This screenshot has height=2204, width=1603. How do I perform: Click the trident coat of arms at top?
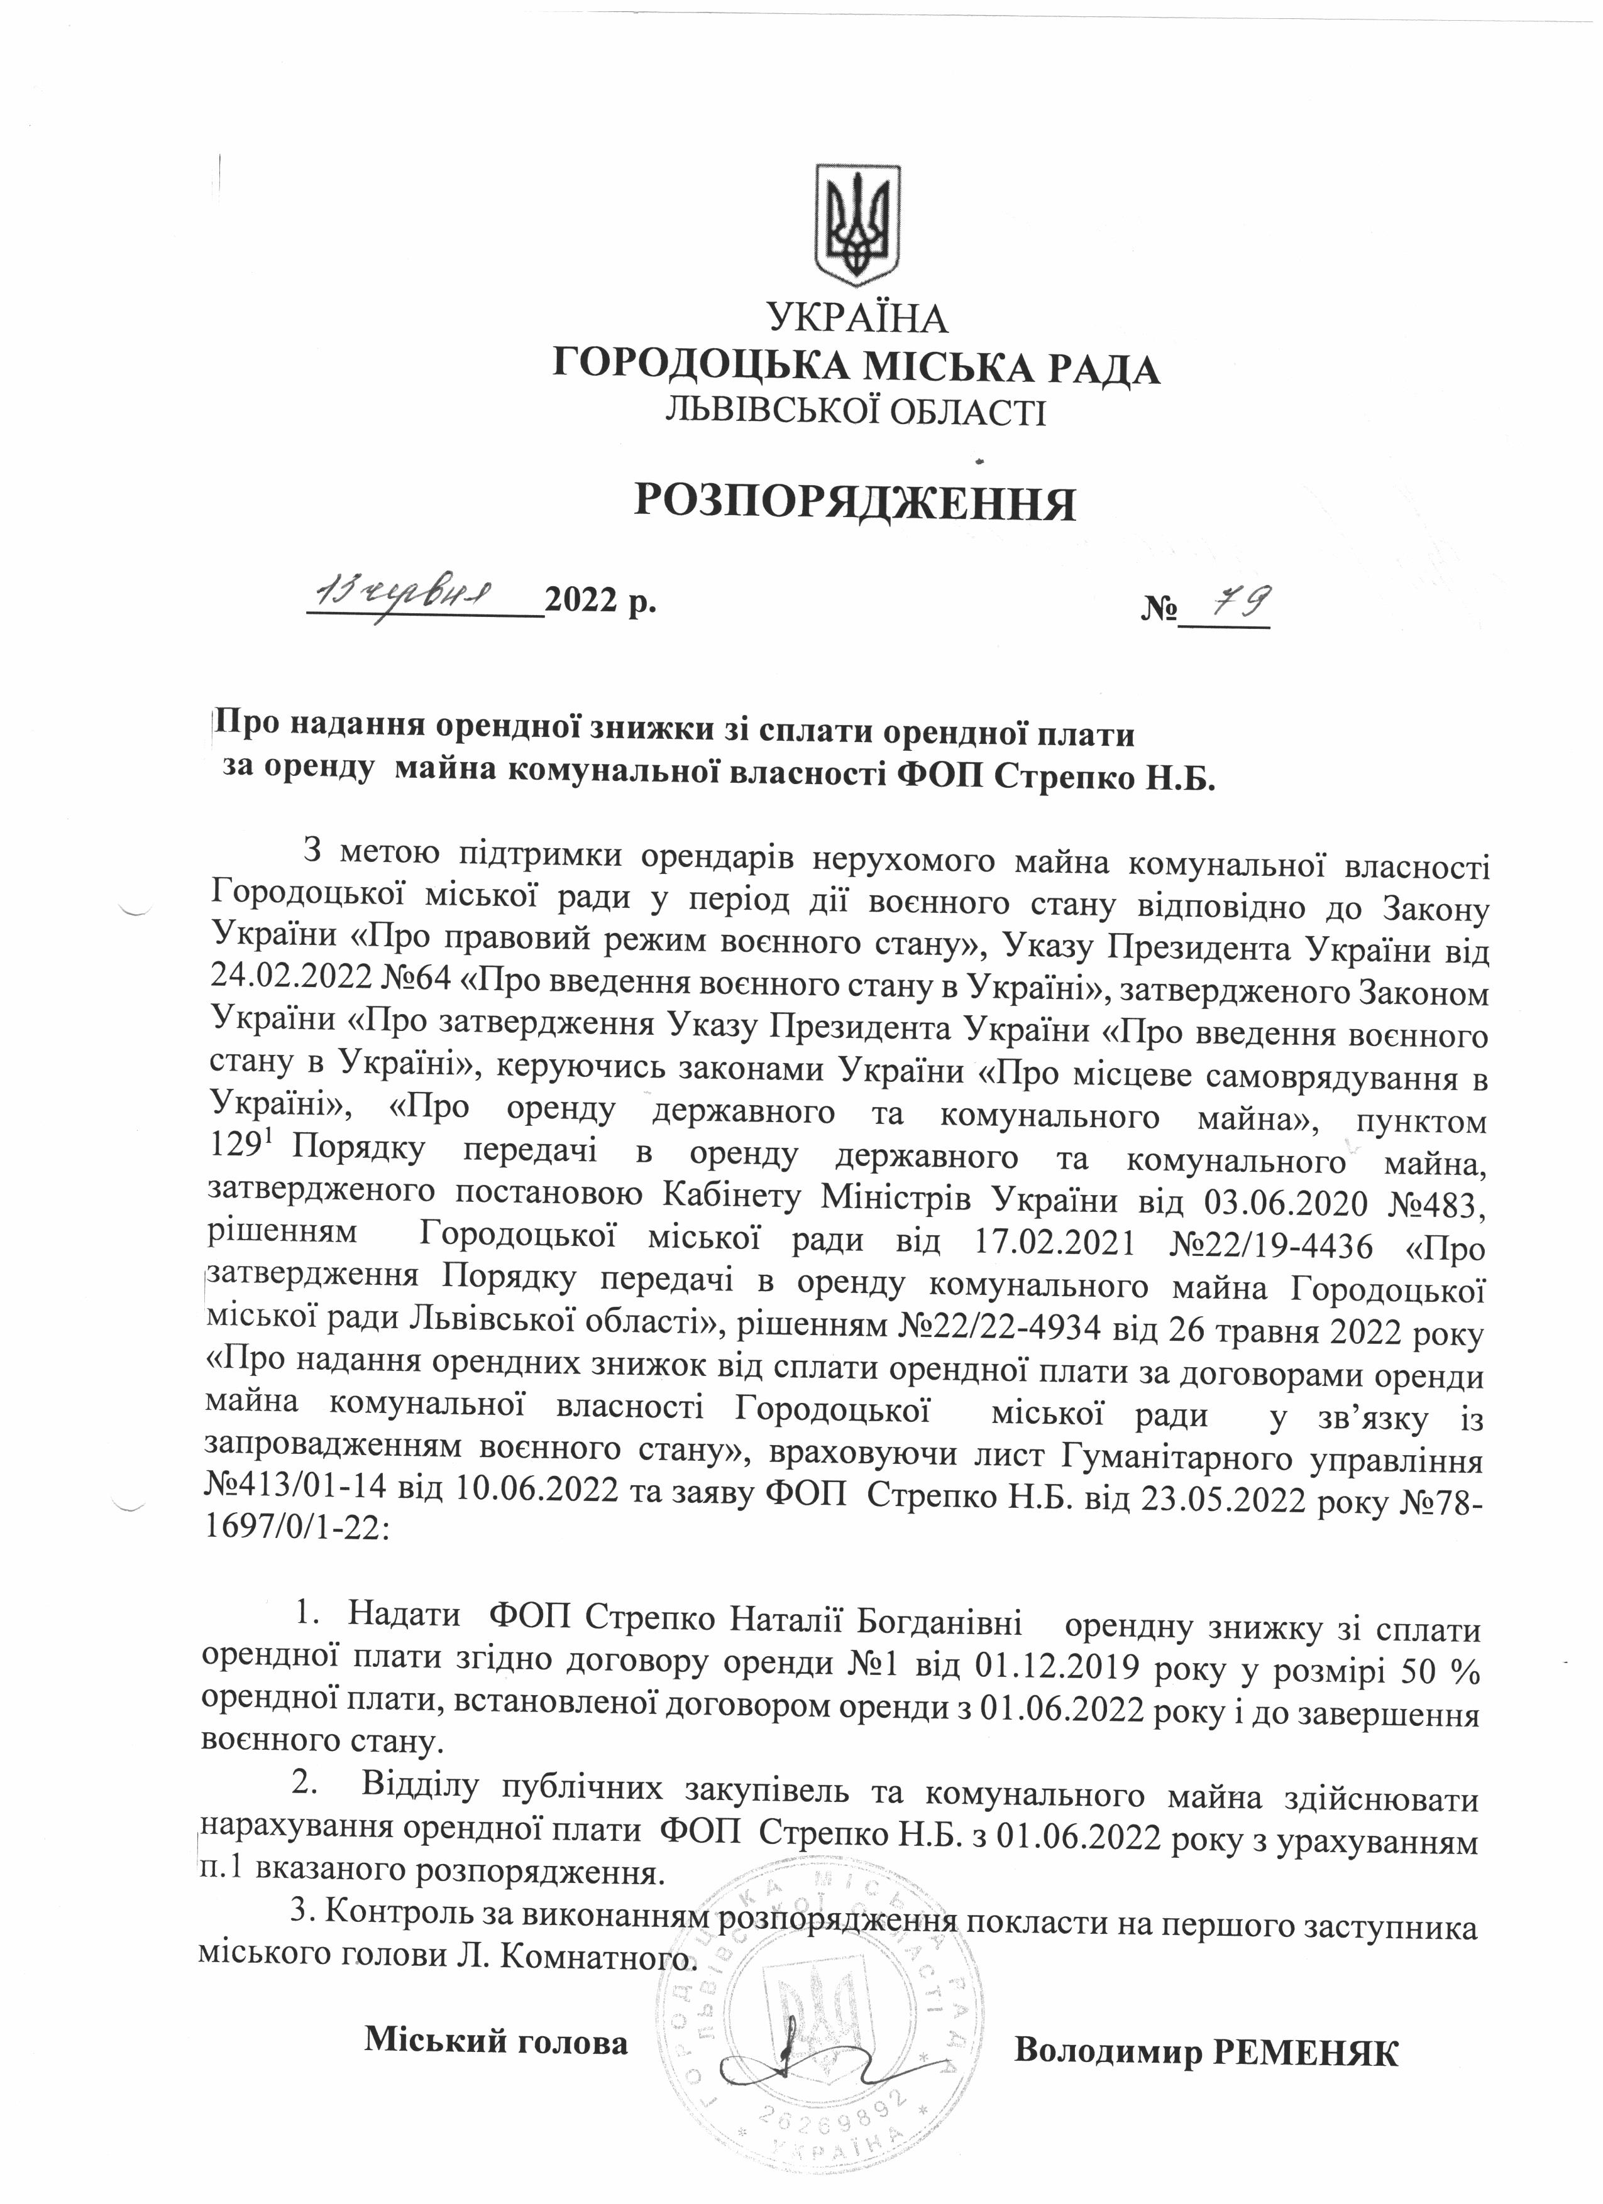tap(856, 226)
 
